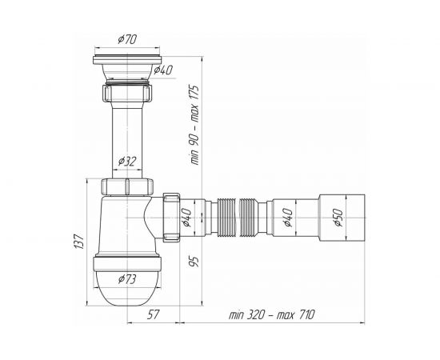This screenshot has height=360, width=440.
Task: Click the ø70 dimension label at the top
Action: [127, 39]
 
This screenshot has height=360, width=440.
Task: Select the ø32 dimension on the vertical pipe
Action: [127, 162]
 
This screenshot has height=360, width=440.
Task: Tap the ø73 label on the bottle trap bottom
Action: [127, 279]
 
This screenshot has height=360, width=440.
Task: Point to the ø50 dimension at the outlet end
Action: [338, 218]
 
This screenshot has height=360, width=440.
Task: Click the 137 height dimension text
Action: [79, 241]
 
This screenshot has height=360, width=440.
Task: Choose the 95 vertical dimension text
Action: [194, 262]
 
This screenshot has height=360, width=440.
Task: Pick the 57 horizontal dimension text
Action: [153, 314]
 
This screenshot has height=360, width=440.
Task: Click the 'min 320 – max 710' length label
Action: [272, 314]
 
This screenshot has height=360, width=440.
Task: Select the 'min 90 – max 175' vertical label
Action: [194, 124]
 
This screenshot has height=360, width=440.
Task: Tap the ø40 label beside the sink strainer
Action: [163, 70]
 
